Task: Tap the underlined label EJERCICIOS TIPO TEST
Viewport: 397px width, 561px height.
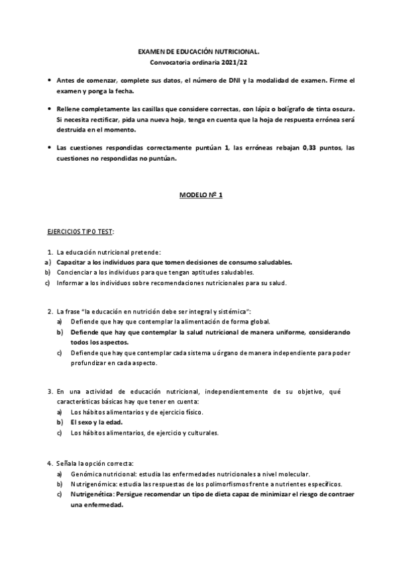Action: tap(80, 232)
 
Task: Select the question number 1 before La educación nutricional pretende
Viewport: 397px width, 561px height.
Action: tap(50, 252)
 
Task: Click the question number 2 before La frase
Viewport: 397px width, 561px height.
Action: tap(50, 311)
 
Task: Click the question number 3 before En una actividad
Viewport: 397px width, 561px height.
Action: tap(50, 391)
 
